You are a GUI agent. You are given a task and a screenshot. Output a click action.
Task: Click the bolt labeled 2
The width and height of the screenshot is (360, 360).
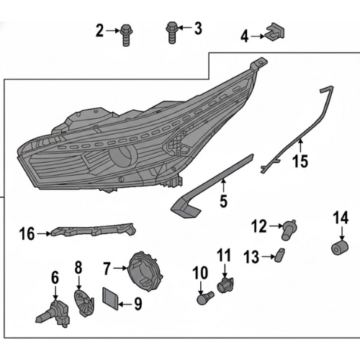click(x=126, y=35)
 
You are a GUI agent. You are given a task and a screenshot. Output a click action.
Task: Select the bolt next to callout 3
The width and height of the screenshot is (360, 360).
click(x=172, y=32)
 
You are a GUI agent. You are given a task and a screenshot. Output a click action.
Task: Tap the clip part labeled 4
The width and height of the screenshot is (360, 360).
click(x=274, y=32)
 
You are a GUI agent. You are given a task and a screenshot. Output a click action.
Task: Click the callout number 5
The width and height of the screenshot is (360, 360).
click(x=223, y=201)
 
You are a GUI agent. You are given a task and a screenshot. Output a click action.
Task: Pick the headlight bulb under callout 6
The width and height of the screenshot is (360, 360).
click(x=54, y=312)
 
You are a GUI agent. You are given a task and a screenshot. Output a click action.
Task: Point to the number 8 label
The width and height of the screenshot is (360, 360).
click(x=78, y=267)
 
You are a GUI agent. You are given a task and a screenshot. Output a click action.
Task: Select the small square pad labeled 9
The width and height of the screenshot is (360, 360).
click(x=111, y=298)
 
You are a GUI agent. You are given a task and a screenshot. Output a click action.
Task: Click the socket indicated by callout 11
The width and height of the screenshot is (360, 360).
click(x=225, y=284)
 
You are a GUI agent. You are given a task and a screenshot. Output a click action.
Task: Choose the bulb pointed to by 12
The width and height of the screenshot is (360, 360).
click(x=289, y=230)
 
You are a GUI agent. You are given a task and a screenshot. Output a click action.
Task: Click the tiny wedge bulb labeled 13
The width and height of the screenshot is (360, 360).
click(x=279, y=255)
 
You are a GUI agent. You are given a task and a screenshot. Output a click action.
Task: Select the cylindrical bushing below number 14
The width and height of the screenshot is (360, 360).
click(x=340, y=248)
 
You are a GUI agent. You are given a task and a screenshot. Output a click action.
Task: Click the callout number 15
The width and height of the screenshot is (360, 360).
click(x=300, y=161)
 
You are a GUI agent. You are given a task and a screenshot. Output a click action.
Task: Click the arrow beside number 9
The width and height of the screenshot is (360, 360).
click(x=125, y=305)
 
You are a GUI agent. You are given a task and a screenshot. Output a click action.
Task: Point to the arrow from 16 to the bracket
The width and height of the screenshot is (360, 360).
click(x=44, y=233)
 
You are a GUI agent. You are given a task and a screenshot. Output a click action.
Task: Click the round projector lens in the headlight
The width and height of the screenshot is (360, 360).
click(x=123, y=157)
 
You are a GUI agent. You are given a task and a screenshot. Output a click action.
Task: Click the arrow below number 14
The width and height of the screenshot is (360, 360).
click(x=342, y=233)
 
